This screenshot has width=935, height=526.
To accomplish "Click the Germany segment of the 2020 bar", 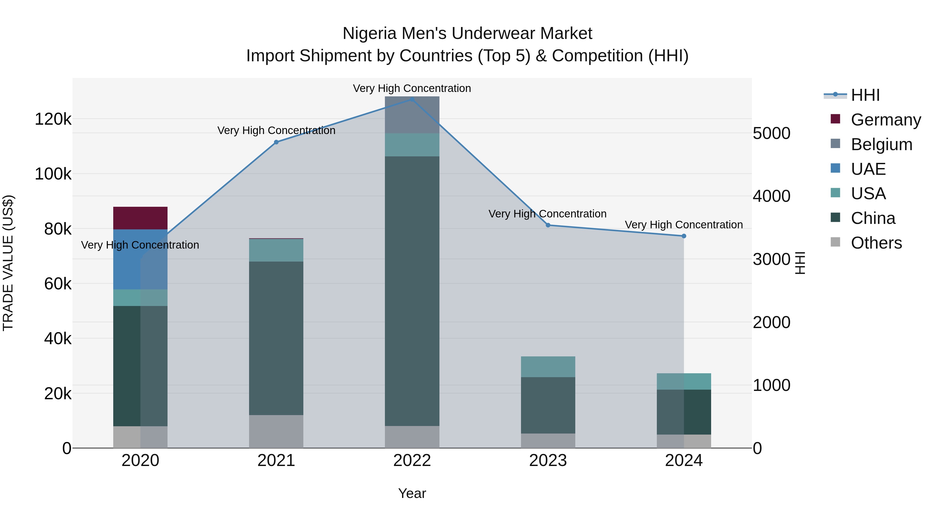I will click(x=140, y=218).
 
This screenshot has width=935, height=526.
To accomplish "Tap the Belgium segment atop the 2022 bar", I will click(x=412, y=115).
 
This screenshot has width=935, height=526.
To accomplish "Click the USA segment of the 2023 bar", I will click(x=548, y=367).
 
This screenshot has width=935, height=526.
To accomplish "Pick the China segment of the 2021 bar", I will click(x=276, y=338).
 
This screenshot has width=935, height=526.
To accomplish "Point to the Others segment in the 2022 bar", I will click(x=412, y=437).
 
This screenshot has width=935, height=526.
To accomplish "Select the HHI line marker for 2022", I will click(x=412, y=99).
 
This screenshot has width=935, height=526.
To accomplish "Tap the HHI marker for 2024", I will click(x=684, y=236).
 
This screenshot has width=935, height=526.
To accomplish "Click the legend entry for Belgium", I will click(x=881, y=144).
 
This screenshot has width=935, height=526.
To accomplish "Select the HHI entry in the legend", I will click(x=865, y=95).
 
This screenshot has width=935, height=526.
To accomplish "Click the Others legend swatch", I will click(x=835, y=242).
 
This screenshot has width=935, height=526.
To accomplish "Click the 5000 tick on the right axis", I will click(x=771, y=133).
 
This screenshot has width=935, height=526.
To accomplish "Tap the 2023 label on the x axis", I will click(x=548, y=461).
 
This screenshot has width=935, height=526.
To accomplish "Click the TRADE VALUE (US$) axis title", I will click(x=8, y=263).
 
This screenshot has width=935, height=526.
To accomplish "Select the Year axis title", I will click(x=412, y=493).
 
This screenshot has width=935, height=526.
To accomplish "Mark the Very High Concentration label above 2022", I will click(x=412, y=88).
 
